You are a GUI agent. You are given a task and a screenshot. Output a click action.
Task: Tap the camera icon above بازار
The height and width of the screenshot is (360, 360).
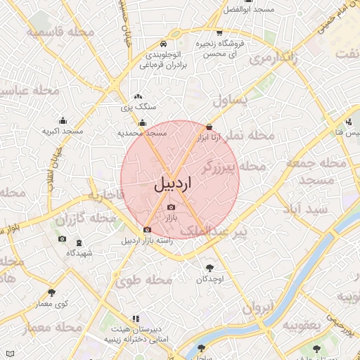(x=172, y=207)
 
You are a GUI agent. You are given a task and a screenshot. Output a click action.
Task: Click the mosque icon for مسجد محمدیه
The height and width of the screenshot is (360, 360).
(x=143, y=123)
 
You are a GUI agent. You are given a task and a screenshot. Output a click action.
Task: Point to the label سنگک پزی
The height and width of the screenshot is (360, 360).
(x=139, y=107)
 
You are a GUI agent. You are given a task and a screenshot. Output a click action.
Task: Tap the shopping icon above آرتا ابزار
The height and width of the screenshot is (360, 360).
(x=209, y=127)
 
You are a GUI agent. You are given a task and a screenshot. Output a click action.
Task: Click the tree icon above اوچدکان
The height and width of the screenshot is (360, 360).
(x=210, y=268)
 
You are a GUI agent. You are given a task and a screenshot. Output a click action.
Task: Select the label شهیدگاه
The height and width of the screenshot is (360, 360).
(x=79, y=252)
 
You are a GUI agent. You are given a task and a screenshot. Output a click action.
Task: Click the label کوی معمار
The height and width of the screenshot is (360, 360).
(x=52, y=303)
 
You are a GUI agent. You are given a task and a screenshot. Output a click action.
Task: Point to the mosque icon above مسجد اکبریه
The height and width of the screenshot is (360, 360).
(x=63, y=120)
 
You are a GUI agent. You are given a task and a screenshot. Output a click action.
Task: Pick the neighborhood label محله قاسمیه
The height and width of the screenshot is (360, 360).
(x=60, y=32)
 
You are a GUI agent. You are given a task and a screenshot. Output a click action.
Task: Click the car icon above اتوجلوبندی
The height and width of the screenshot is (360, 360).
(x=164, y=42)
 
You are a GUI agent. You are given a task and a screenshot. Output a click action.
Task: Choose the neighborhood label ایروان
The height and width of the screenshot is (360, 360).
(x=261, y=307)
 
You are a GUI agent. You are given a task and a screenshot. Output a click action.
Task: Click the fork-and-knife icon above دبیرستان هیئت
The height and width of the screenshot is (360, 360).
(x=136, y=319)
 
